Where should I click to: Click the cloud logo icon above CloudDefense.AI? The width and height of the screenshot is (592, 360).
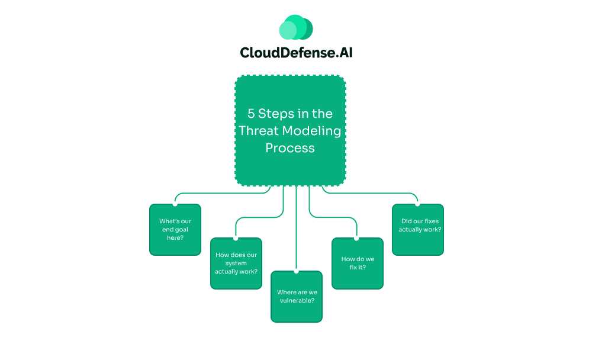point(296,27)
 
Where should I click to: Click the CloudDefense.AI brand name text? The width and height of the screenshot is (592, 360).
point(296,53)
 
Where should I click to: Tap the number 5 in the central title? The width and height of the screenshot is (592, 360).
point(251,114)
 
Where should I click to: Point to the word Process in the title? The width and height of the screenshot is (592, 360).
point(290,148)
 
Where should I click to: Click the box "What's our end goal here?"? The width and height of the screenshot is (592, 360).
point(175,230)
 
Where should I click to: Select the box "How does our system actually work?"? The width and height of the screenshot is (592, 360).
point(236,263)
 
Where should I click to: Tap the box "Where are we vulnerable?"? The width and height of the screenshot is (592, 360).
point(297,297)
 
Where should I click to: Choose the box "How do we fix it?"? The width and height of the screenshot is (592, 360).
point(358,263)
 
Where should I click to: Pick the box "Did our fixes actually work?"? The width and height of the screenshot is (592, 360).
point(418,230)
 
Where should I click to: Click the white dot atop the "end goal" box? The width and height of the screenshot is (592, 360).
point(175,204)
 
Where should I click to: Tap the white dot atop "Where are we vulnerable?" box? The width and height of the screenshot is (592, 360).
point(297,271)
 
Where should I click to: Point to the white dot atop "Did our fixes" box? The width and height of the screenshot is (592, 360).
point(418,204)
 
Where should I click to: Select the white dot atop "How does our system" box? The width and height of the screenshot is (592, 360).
point(236,238)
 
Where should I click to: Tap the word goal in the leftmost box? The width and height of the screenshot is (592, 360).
point(181,230)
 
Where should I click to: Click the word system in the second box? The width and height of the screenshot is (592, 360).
point(236,263)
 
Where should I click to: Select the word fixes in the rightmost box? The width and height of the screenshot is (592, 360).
point(429,221)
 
